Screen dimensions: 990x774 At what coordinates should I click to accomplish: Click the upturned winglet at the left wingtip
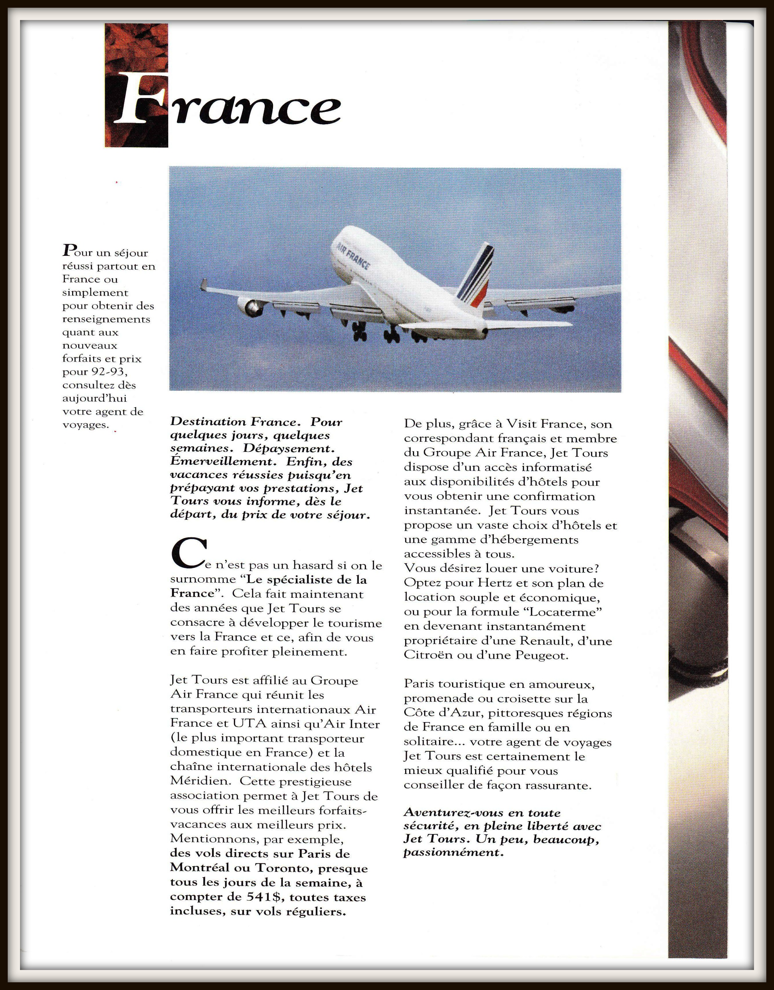coord(204,285)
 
